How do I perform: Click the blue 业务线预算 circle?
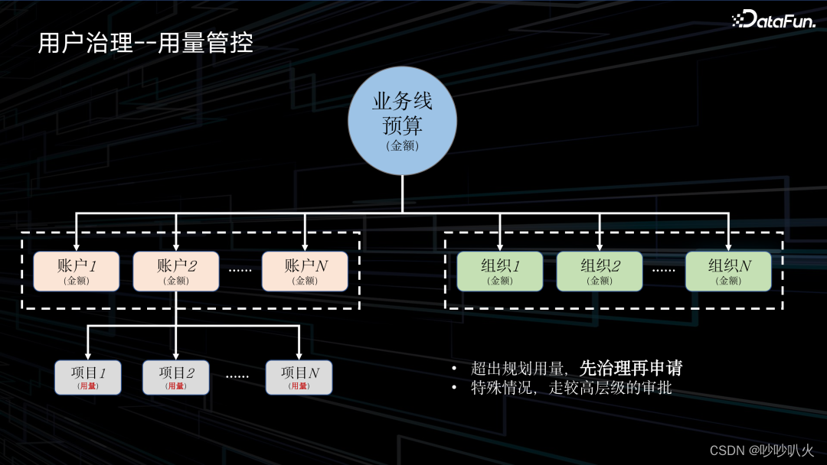click(x=402, y=121)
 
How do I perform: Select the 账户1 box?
click(x=76, y=271)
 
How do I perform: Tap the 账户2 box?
click(x=176, y=271)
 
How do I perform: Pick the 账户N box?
click(x=305, y=271)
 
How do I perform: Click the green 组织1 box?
click(x=499, y=271)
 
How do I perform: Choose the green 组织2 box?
click(x=600, y=271)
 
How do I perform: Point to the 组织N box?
click(x=728, y=271)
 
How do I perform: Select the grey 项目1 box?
click(x=88, y=377)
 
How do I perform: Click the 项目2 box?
click(x=176, y=377)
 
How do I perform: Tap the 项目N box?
click(x=299, y=377)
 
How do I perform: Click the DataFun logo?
click(x=773, y=21)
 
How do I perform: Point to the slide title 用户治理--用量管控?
click(x=145, y=43)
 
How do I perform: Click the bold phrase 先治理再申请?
click(x=631, y=368)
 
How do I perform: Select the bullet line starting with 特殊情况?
click(x=570, y=388)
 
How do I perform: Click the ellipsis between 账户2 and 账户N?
click(x=240, y=270)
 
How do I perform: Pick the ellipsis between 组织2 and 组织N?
click(x=663, y=270)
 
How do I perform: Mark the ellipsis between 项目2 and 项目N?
click(x=237, y=376)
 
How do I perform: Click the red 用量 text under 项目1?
click(x=88, y=386)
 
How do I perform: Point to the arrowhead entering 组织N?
click(x=728, y=246)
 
